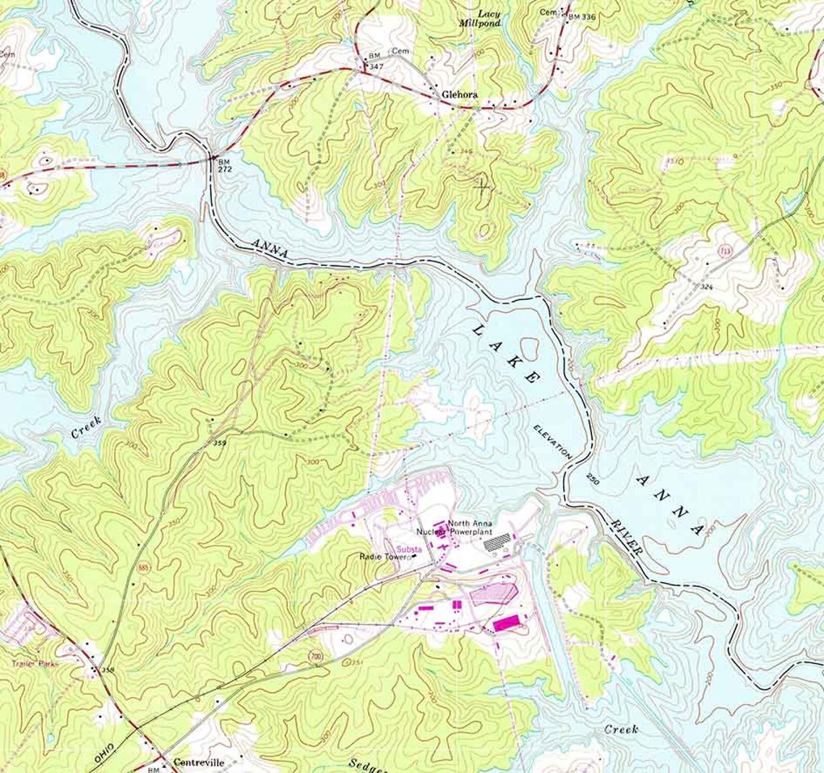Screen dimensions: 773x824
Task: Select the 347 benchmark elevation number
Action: pos(375,66)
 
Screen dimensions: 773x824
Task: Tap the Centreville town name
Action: pos(198,762)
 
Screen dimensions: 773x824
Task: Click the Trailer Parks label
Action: pos(34,662)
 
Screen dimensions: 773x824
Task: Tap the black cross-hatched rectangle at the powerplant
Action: pos(497,540)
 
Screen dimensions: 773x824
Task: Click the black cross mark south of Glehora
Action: pos(482,186)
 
